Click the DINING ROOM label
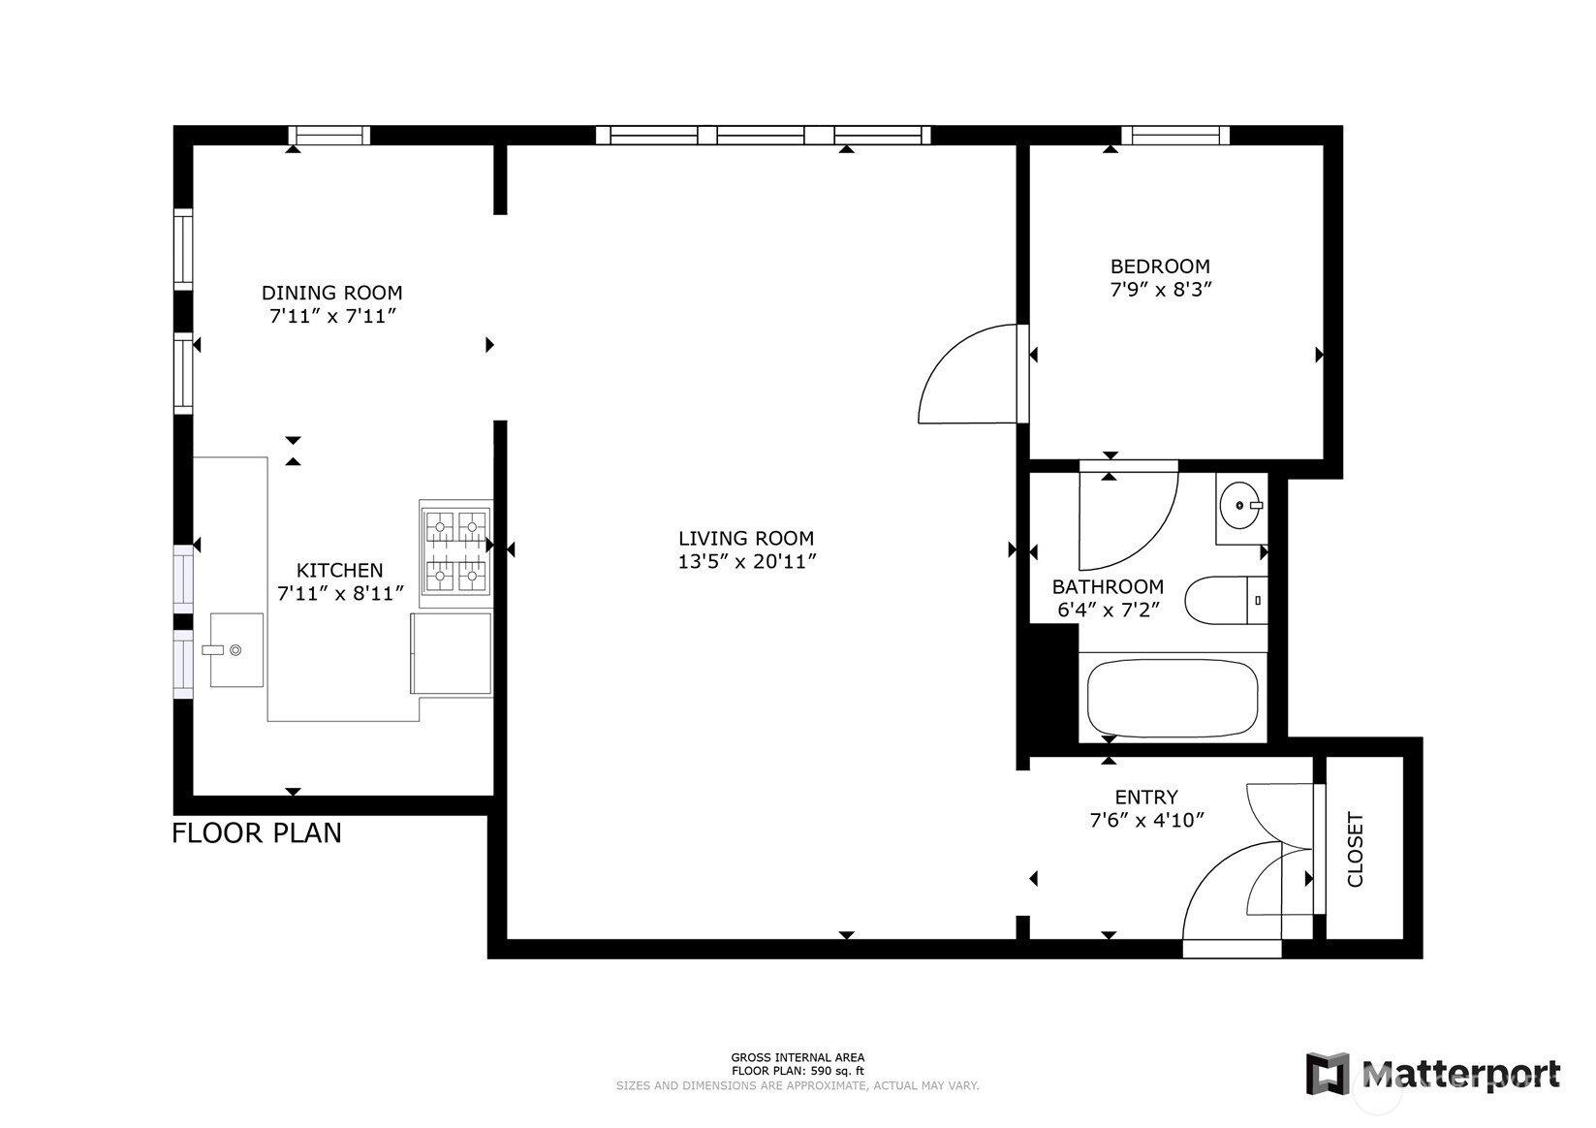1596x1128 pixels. [x=331, y=293]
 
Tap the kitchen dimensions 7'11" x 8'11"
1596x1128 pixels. [x=339, y=594]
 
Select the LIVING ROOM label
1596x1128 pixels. [x=745, y=539]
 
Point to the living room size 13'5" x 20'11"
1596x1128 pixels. [x=747, y=562]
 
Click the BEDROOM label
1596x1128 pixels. [x=1160, y=266]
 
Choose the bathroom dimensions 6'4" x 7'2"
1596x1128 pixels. [x=1108, y=611]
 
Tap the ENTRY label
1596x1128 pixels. [x=1146, y=798]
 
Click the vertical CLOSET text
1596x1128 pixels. [x=1355, y=850]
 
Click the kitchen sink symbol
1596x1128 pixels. [x=235, y=650]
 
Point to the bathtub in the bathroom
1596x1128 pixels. [x=1172, y=699]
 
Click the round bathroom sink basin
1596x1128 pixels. [x=1239, y=506]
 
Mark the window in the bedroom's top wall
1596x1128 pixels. [x=1174, y=136]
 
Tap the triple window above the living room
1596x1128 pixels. [x=763, y=136]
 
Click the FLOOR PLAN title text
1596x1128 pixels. [x=257, y=833]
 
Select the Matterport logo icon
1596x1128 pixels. [x=1327, y=1074]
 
